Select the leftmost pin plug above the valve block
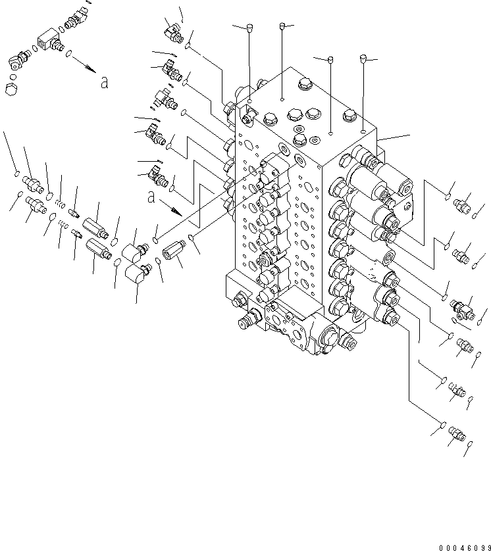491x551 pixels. point(249,27)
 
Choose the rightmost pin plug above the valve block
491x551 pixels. point(363,59)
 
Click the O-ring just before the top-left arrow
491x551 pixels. point(70,58)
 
